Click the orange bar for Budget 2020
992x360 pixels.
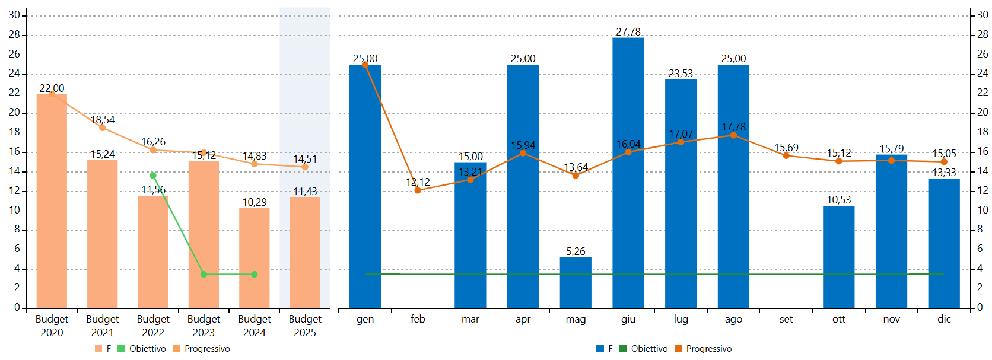[52, 202]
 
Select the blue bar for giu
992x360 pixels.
[628, 172]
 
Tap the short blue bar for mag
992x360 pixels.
[576, 283]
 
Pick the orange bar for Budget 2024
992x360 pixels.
[254, 258]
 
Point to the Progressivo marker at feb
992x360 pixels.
[418, 190]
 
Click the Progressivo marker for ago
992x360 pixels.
[733, 135]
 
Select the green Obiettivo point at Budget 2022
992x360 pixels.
[153, 176]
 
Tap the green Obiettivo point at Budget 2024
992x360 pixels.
[254, 274]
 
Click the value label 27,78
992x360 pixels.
[628, 32]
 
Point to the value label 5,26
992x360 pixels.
[576, 251]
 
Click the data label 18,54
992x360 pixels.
[103, 120]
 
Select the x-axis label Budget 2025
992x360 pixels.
[305, 326]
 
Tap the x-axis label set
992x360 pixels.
[786, 319]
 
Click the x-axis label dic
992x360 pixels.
[944, 319]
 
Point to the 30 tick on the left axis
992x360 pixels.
[14, 15]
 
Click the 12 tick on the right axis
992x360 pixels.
[983, 190]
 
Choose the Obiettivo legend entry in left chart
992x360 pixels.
[142, 349]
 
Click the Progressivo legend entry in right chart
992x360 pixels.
[703, 349]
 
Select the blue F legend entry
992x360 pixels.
[605, 349]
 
